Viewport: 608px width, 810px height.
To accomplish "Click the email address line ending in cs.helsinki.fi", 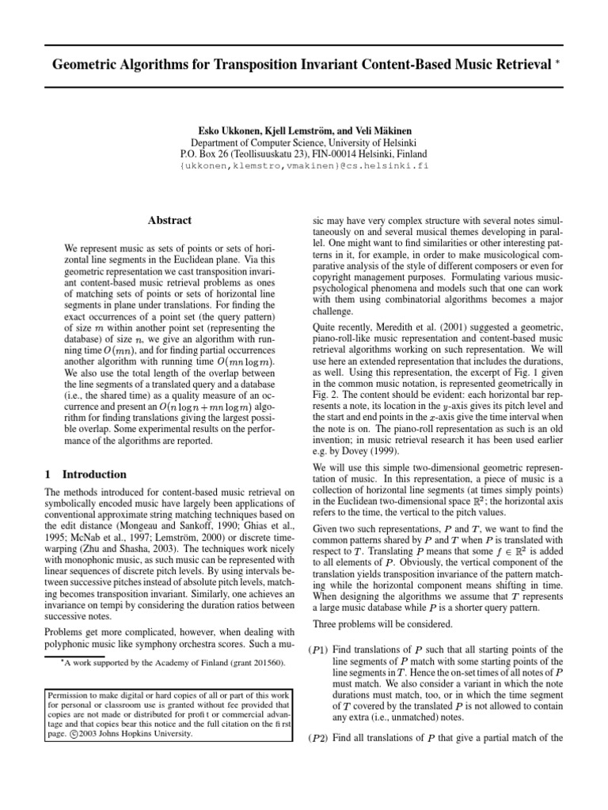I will [x=303, y=168].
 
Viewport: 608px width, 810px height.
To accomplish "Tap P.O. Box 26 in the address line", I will [x=209, y=154].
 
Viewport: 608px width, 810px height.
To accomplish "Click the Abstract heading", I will [x=170, y=221].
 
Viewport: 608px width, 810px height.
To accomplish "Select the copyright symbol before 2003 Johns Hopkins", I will [x=71, y=733].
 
